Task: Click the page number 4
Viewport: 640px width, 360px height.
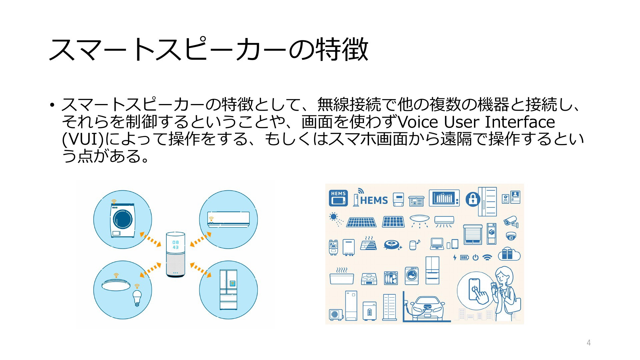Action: tap(589, 343)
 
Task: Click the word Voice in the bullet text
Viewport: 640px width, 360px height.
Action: tap(418, 122)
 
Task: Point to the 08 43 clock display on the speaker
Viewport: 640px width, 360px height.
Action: tap(176, 245)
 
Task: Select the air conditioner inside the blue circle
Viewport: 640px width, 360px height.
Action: tap(228, 220)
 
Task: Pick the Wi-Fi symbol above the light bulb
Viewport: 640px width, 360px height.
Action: tap(137, 286)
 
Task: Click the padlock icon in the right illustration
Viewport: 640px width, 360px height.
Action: tap(473, 199)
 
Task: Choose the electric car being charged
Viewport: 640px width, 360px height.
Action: tap(427, 307)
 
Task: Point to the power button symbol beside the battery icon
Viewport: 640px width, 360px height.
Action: tap(475, 257)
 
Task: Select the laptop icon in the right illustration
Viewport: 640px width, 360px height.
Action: tap(437, 244)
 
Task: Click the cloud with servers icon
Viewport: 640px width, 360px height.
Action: tap(509, 254)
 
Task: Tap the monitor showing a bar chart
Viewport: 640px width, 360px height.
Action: tap(444, 198)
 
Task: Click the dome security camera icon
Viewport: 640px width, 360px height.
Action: tap(511, 236)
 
